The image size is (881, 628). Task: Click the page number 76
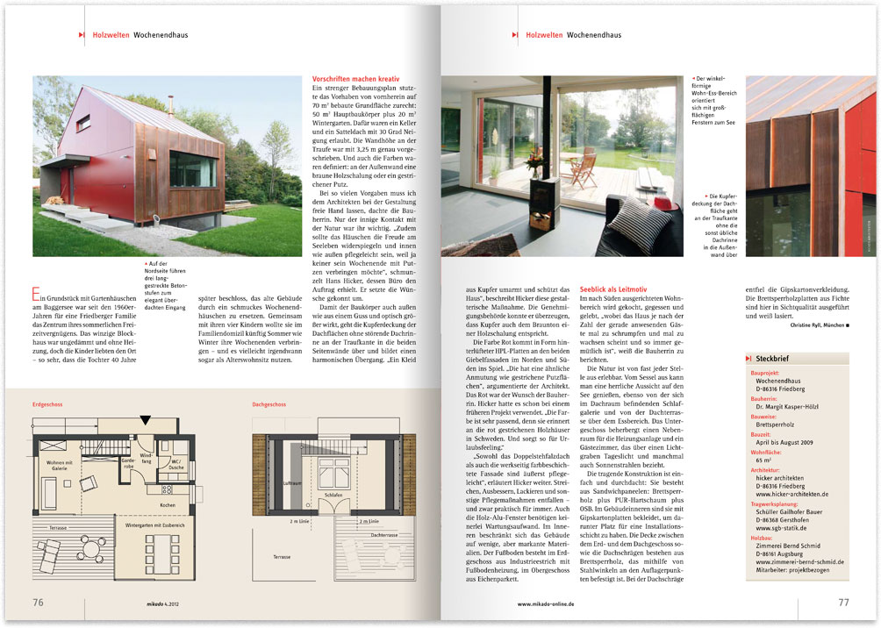[x=39, y=602]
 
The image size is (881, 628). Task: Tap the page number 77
[x=843, y=602]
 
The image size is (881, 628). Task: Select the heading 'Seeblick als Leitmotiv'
[x=613, y=289]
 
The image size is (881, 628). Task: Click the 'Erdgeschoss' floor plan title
[x=47, y=405]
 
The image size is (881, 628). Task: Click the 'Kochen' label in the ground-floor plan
[x=168, y=505]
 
